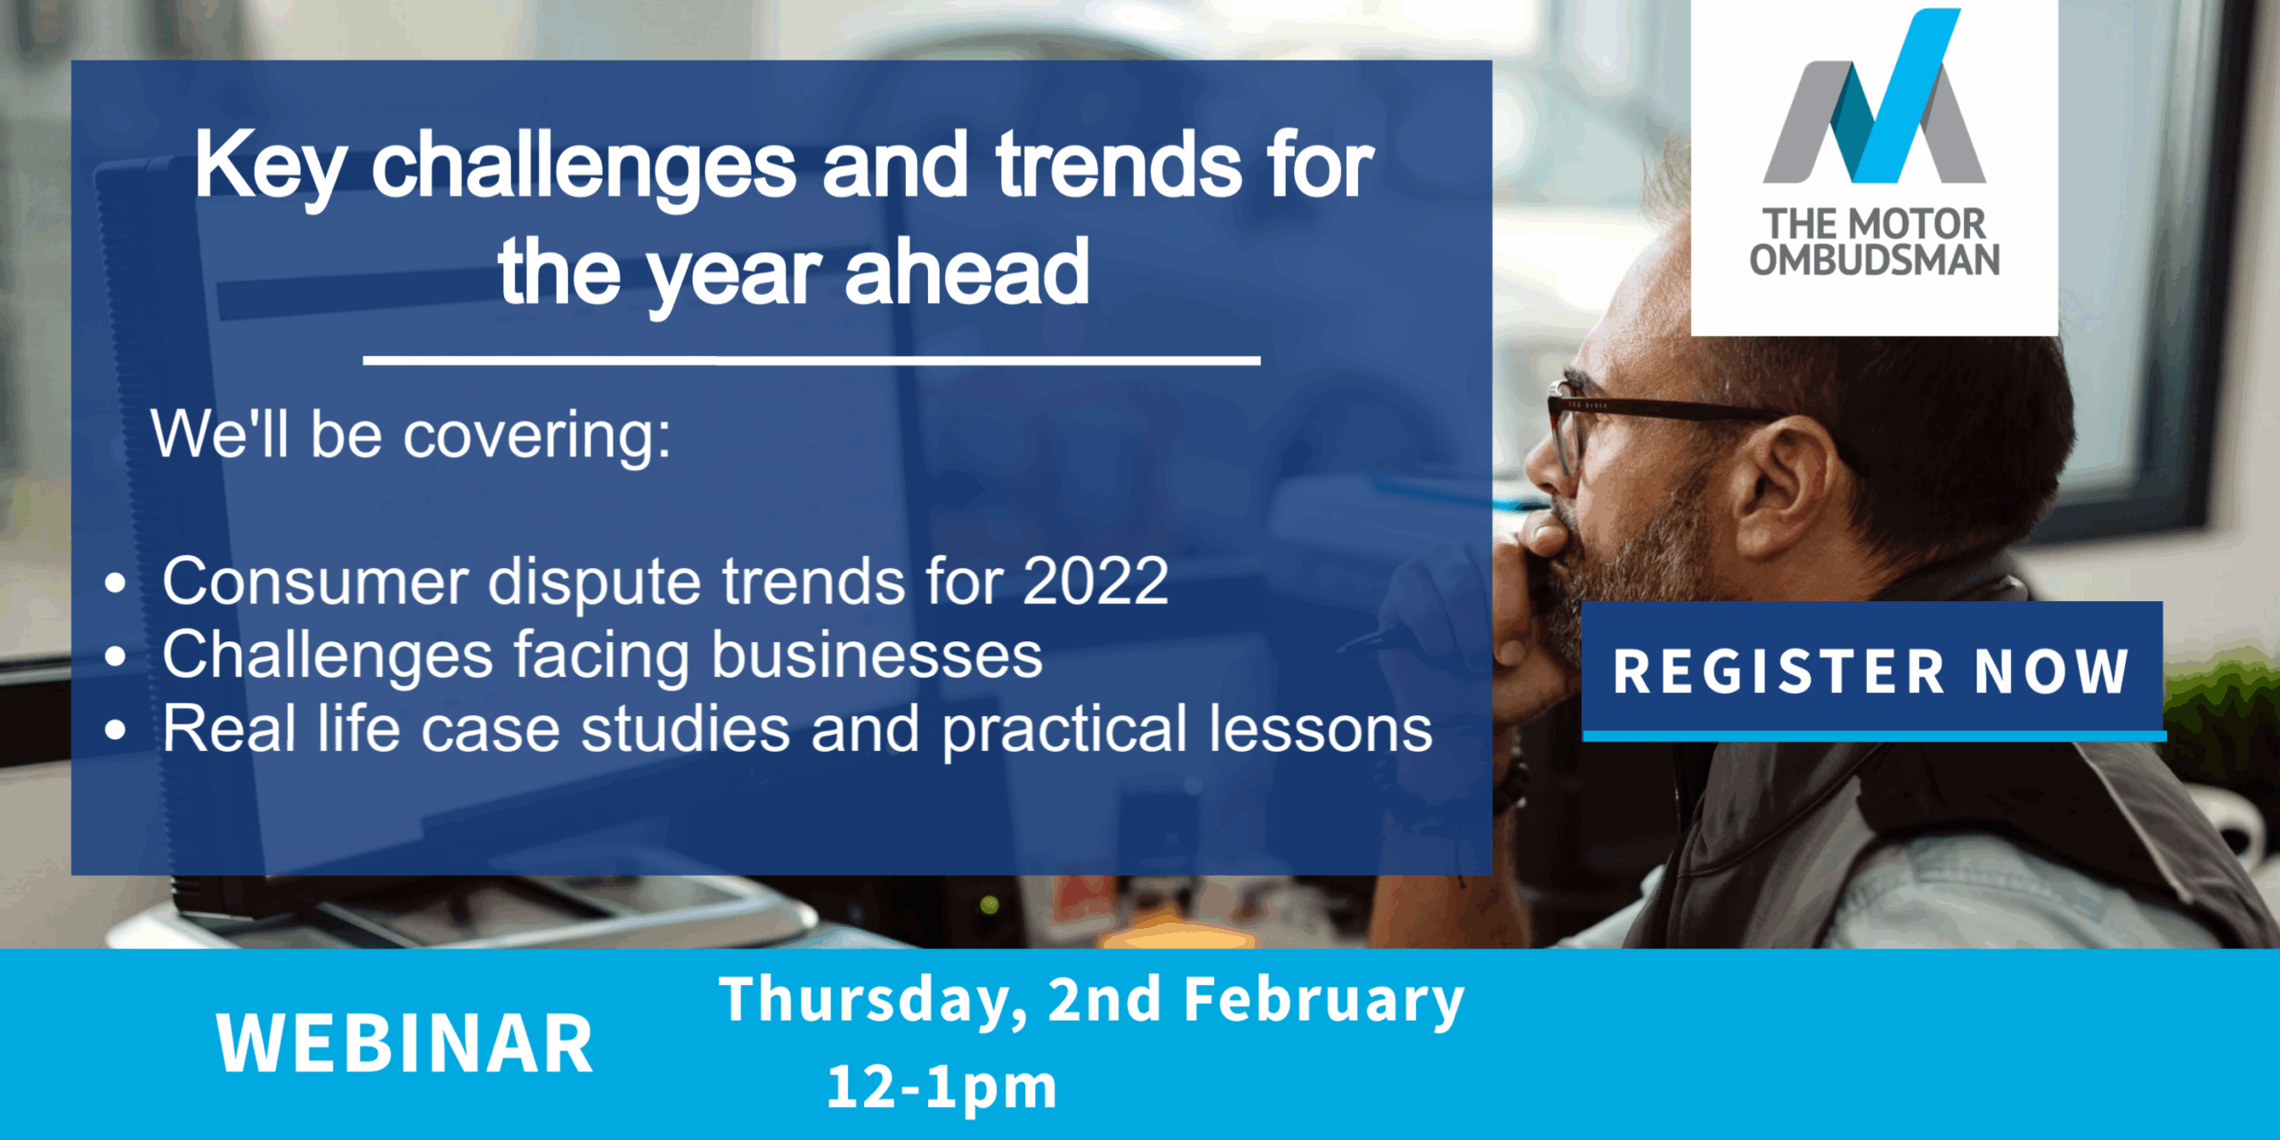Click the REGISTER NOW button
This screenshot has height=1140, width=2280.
tap(1872, 670)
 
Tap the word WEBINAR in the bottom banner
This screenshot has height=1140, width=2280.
tap(405, 1043)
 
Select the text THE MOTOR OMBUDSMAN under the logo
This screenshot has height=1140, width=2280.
tap(1875, 241)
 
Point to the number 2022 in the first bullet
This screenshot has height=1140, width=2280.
tap(1095, 581)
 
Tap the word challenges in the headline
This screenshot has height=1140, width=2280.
tap(584, 167)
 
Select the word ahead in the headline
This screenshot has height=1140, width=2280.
tap(967, 271)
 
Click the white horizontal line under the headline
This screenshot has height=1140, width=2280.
tap(811, 361)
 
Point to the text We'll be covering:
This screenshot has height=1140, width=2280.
tap(411, 436)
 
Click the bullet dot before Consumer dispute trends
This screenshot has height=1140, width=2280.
tap(116, 583)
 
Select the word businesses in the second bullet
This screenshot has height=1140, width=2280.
tap(877, 655)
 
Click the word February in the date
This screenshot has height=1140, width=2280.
tap(1324, 1001)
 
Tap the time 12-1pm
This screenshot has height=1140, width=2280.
tap(942, 1087)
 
